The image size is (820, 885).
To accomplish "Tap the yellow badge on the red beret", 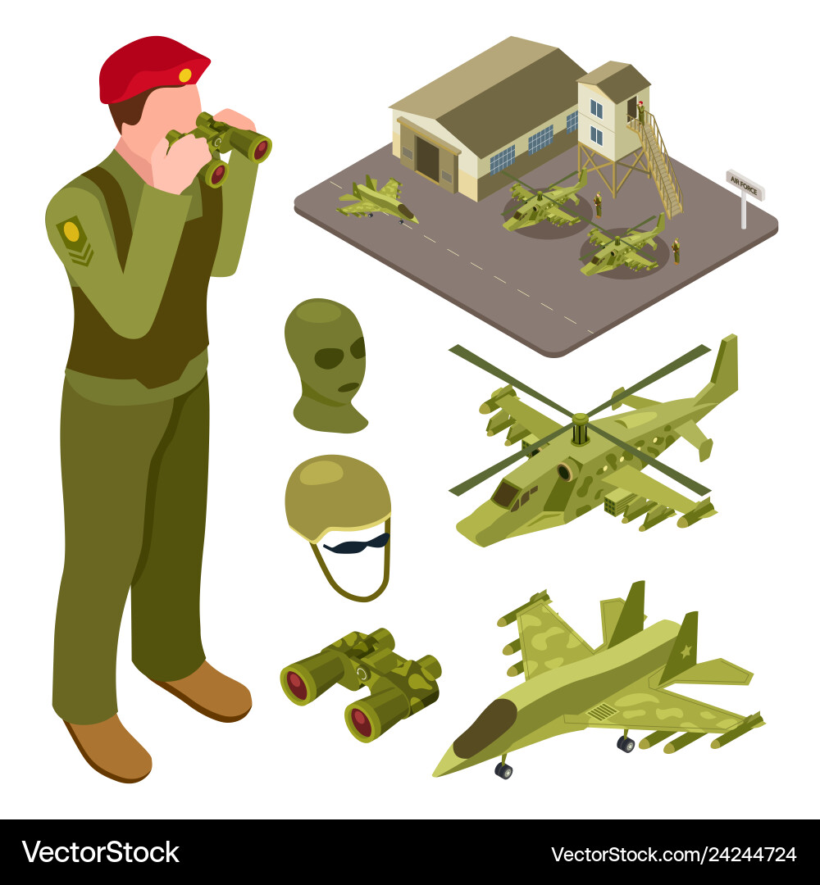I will (185, 75).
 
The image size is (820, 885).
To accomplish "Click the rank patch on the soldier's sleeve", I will (74, 238).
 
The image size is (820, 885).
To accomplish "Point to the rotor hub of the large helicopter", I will (580, 427).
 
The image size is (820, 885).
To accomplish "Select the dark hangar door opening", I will (427, 159).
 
